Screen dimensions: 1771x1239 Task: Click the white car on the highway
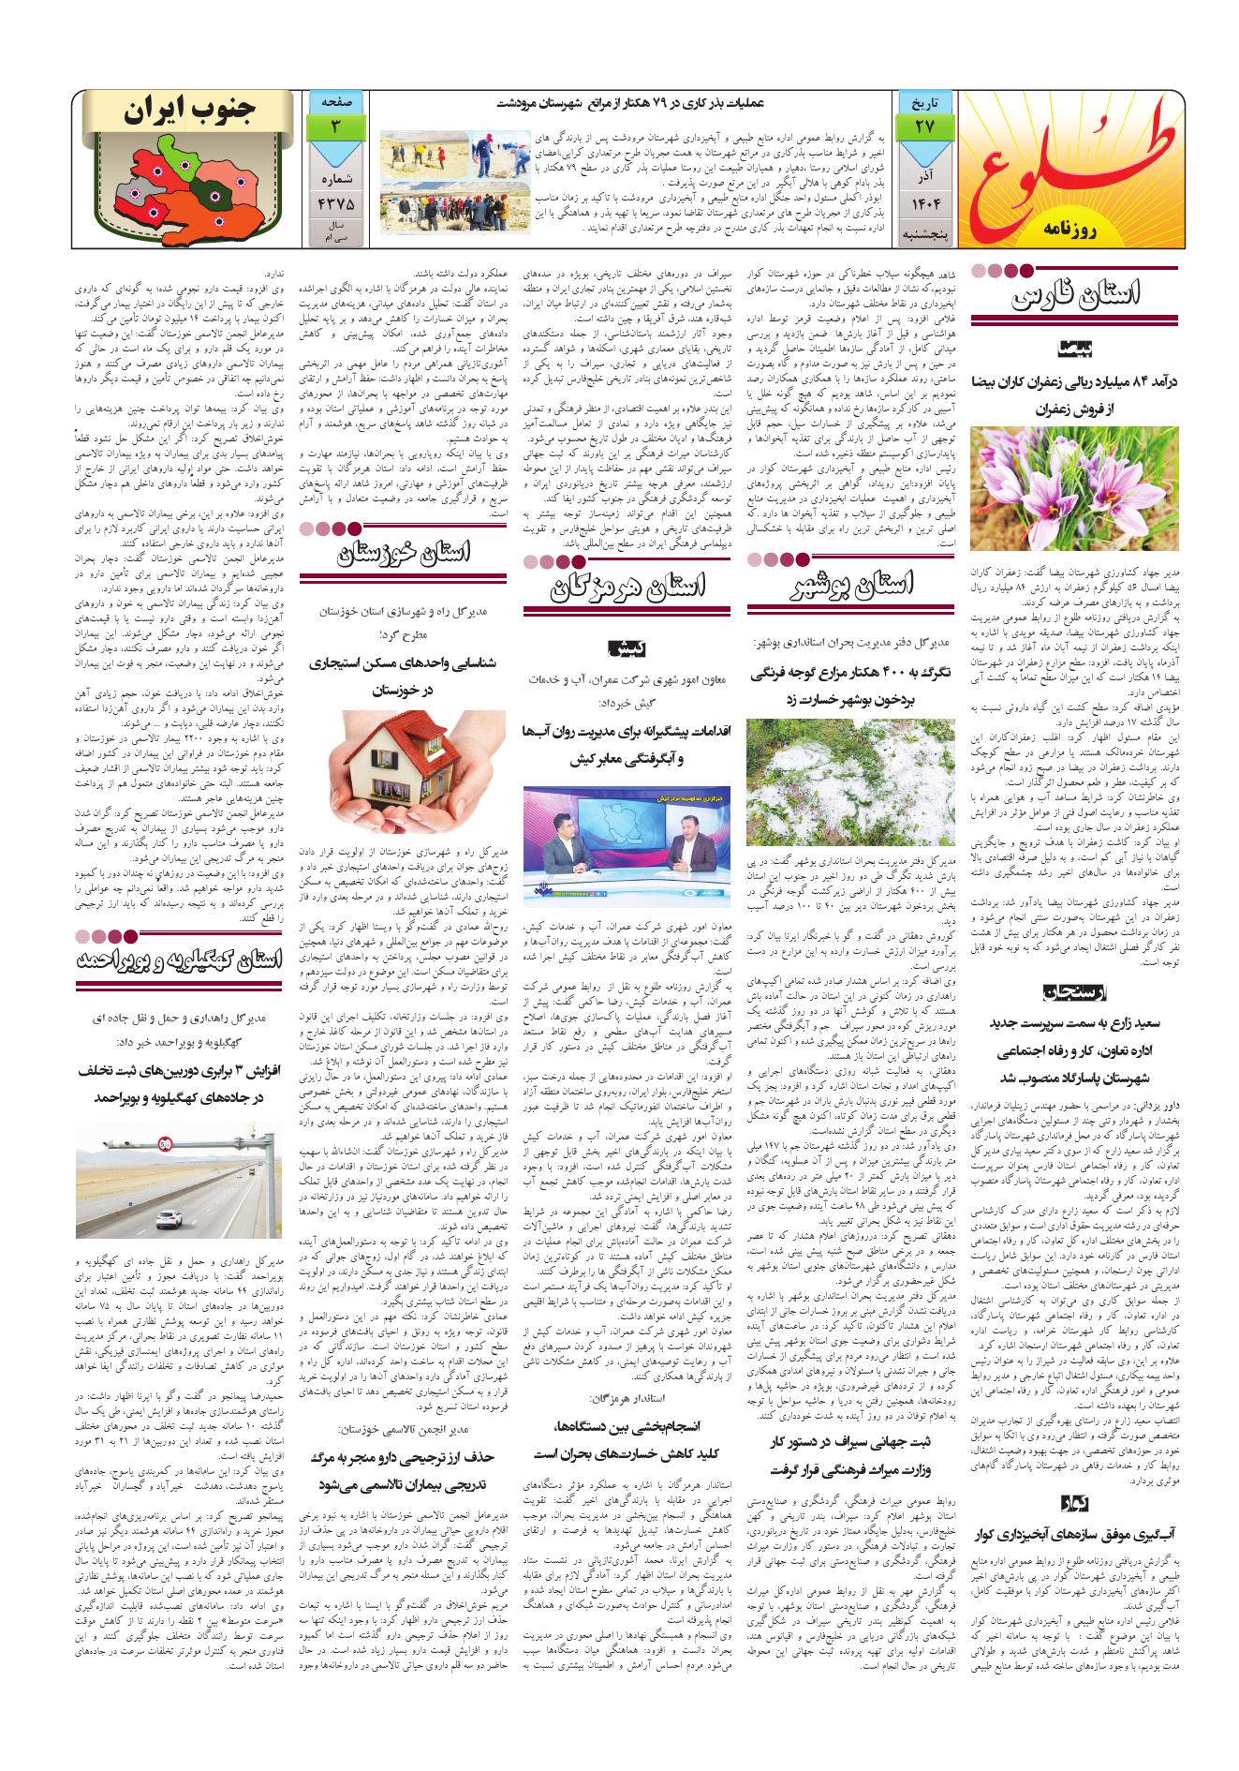pos(168,1219)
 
